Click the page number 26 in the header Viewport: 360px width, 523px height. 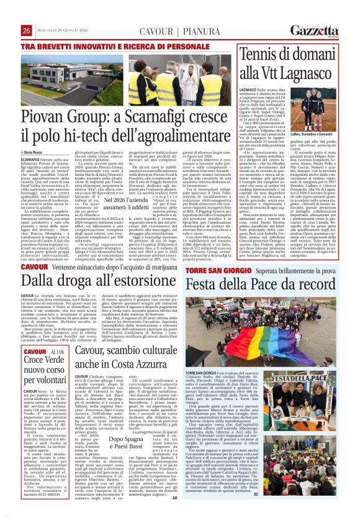(x=27, y=30)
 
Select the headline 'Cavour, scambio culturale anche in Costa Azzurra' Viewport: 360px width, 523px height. (x=127, y=358)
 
